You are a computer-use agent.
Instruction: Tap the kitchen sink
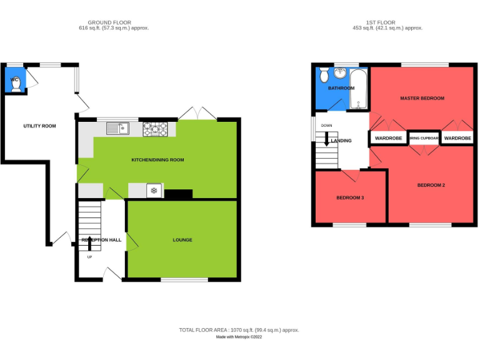click(x=117, y=129)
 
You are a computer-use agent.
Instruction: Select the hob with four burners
click(x=156, y=129)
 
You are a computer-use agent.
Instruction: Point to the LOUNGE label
click(x=182, y=240)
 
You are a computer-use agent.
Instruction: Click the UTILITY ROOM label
click(x=39, y=126)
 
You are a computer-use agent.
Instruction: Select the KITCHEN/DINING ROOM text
click(x=157, y=160)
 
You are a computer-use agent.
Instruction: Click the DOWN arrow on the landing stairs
click(x=326, y=139)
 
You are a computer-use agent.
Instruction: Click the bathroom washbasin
click(x=341, y=74)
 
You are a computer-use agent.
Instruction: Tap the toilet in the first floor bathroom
click(x=324, y=76)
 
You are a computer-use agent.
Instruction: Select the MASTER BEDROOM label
click(x=422, y=99)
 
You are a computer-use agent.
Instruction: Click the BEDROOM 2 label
click(x=431, y=186)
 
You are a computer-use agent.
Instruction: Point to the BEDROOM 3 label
click(x=350, y=198)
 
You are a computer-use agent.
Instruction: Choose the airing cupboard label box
click(x=424, y=138)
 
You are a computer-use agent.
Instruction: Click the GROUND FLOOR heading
click(x=109, y=22)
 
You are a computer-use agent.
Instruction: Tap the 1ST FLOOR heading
click(x=382, y=22)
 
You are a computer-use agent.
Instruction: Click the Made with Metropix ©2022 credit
click(x=239, y=337)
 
